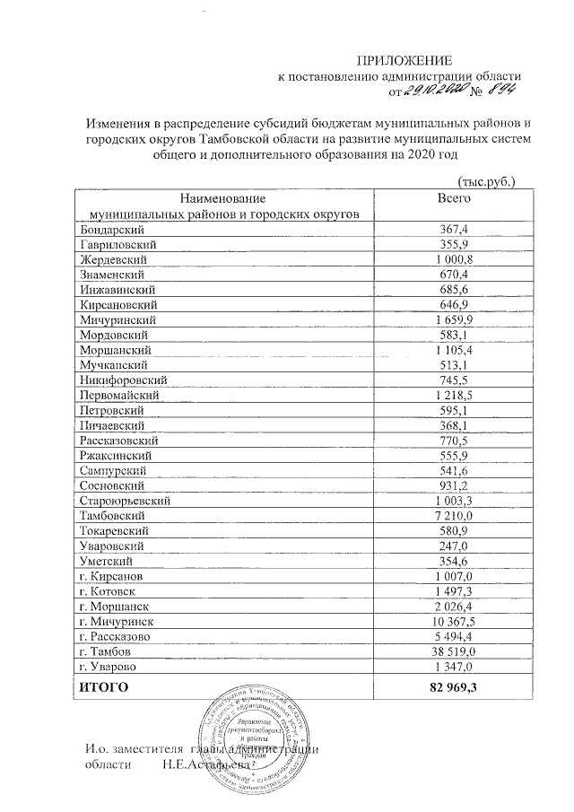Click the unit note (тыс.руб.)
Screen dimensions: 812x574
pos(485,181)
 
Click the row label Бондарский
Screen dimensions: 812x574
pos(107,231)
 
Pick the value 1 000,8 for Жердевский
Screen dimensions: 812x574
pos(452,259)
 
